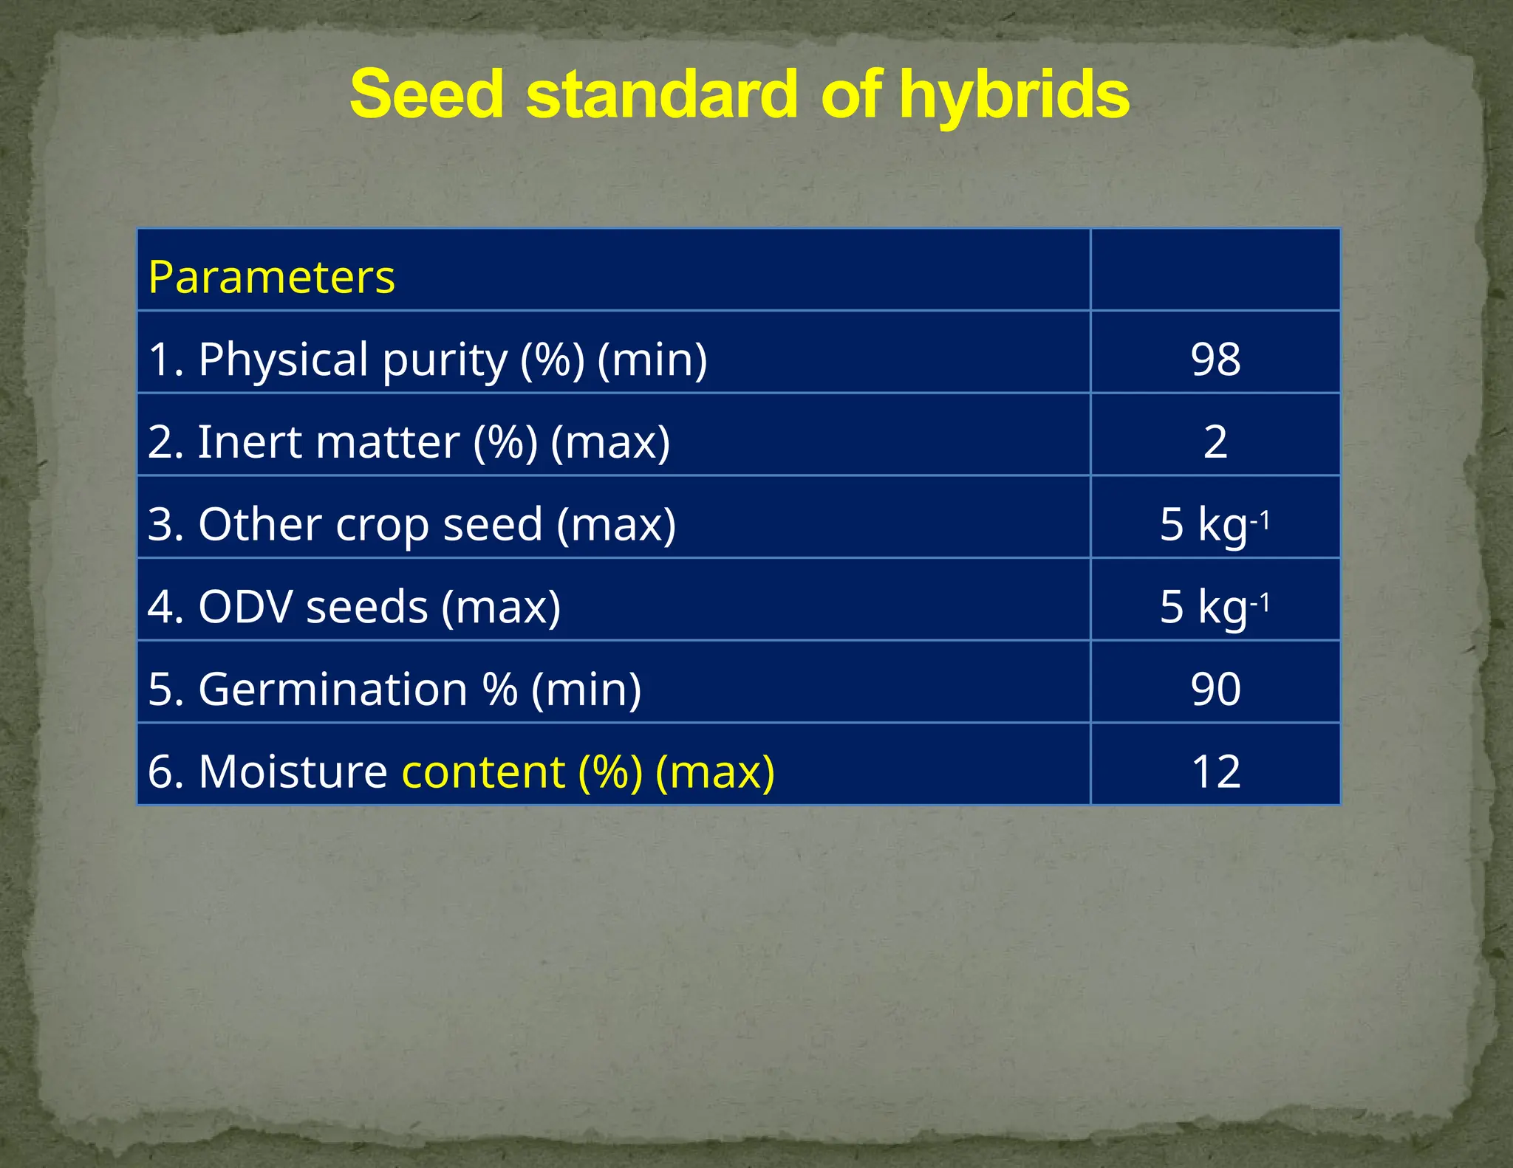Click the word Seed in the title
[427, 95]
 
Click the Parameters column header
[271, 278]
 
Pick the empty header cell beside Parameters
[1215, 270]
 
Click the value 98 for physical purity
[1215, 360]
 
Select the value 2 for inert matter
[1215, 442]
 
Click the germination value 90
[1215, 690]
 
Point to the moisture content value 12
[1215, 772]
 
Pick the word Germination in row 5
[332, 690]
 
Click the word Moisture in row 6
[293, 772]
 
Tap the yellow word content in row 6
[483, 772]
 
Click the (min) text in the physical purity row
[652, 360]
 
